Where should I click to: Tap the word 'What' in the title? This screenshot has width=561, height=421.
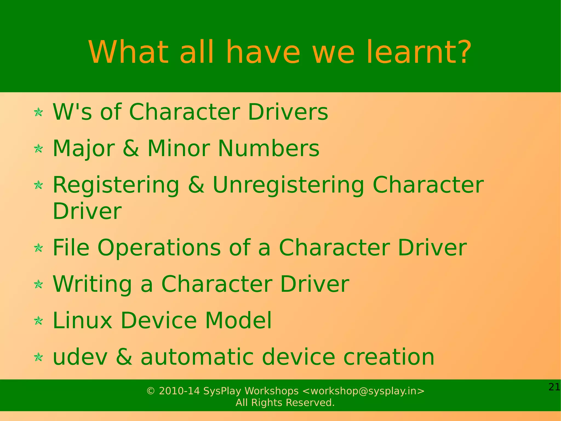[128, 52]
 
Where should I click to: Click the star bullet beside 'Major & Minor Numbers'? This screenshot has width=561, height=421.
[38, 149]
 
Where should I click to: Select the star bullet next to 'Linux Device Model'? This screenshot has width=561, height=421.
[38, 320]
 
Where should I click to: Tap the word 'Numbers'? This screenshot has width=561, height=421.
[268, 148]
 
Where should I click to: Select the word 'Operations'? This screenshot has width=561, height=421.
[159, 248]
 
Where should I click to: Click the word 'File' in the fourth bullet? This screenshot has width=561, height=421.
[71, 248]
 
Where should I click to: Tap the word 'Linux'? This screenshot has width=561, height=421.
[82, 320]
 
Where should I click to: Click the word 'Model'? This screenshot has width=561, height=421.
[238, 320]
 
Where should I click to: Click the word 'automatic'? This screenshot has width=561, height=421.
[197, 357]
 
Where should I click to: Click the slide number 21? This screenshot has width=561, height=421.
[554, 387]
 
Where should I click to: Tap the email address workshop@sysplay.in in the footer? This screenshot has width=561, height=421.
[363, 391]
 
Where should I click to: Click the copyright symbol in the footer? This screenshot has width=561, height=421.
[151, 391]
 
